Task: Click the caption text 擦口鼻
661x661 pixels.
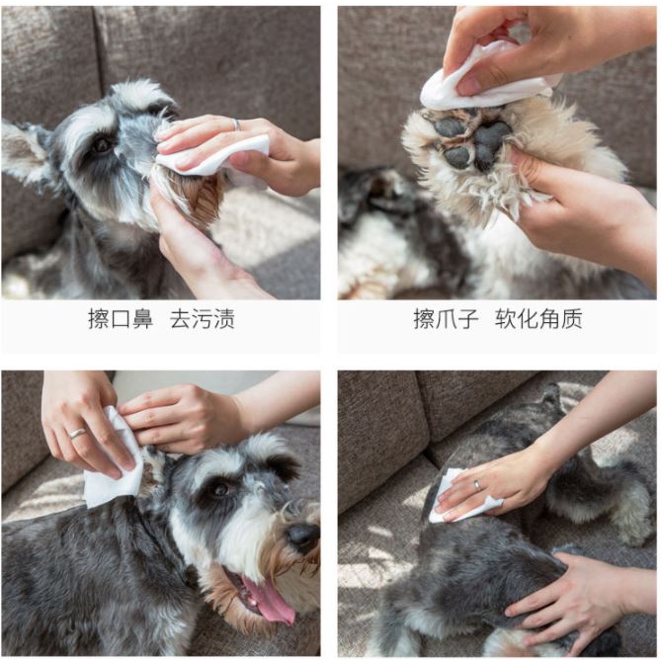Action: pos(121,319)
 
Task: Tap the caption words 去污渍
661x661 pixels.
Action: pos(203,319)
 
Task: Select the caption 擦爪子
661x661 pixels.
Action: pos(446,319)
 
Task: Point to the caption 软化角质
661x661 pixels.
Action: pos(538,319)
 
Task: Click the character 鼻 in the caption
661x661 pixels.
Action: pos(142,319)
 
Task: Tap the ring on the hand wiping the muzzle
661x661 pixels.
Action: pos(236,124)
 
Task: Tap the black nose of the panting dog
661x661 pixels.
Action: pos(302,537)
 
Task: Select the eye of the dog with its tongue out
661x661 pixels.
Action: pos(220,489)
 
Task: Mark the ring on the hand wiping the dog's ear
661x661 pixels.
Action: pos(78,434)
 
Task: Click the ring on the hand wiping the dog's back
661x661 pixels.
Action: pos(476,485)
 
